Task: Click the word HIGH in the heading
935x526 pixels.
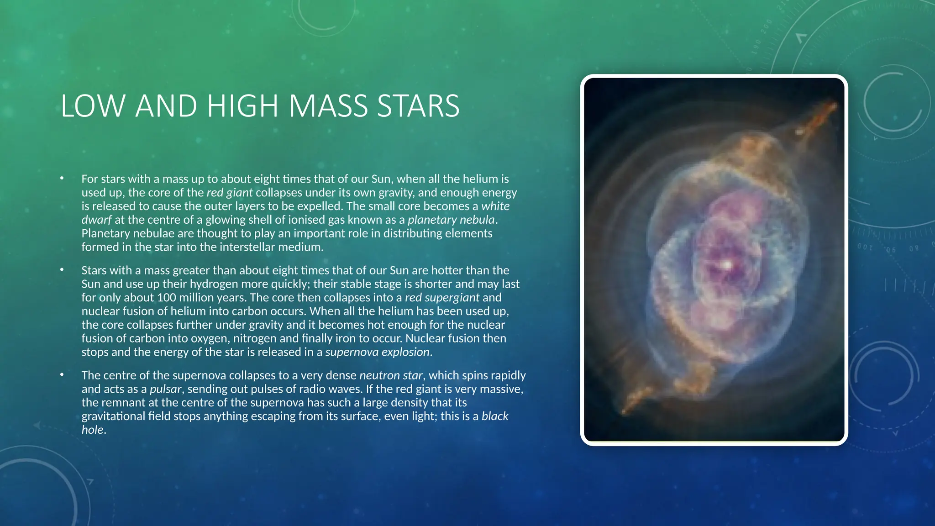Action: pyautogui.click(x=242, y=106)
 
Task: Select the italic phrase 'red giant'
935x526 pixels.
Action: pyautogui.click(x=229, y=193)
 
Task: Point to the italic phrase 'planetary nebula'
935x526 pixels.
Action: pyautogui.click(x=451, y=220)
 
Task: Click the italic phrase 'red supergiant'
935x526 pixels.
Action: pyautogui.click(x=442, y=298)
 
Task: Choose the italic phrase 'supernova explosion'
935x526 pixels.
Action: pyautogui.click(x=377, y=352)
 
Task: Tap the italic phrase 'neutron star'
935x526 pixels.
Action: pyautogui.click(x=391, y=375)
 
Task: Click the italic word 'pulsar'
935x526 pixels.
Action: pyautogui.click(x=166, y=389)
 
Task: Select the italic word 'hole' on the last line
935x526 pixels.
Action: pyautogui.click(x=93, y=430)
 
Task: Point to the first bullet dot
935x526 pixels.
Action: pyautogui.click(x=62, y=179)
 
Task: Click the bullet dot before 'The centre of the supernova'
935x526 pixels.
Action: pyautogui.click(x=62, y=375)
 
